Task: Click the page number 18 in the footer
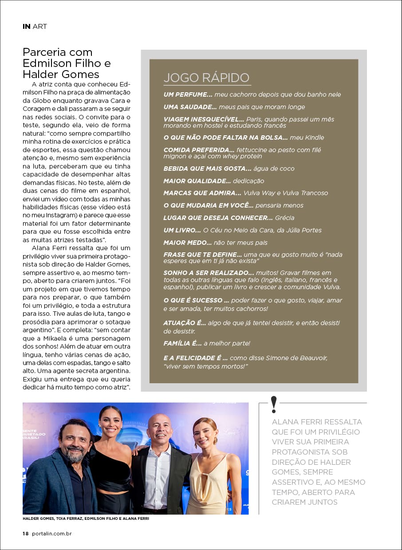pos(26,534)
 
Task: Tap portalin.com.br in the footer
pos(52,534)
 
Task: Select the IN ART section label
pos(35,26)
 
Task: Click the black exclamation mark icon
pos(274,404)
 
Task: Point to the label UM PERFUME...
pos(188,94)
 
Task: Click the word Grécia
pos(284,218)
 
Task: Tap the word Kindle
pos(314,137)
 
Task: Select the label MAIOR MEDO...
pos(187,243)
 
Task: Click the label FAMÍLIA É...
pos(183,343)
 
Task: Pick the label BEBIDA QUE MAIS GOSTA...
pos(207,169)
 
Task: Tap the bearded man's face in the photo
pos(75,442)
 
